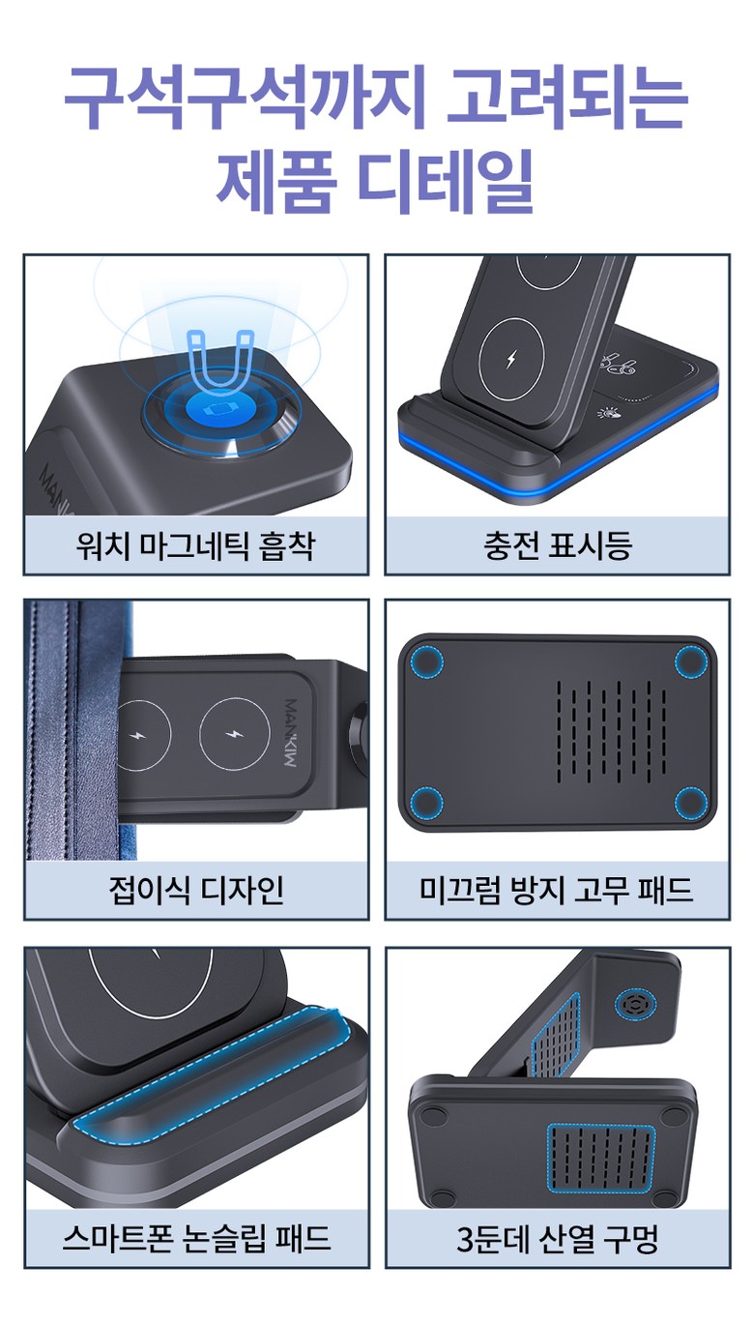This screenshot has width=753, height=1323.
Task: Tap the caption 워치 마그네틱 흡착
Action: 196,545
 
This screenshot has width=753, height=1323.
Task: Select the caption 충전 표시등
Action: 558,545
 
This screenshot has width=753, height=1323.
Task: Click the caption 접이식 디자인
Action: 196,891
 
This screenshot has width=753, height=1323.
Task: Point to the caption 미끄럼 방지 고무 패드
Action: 557,891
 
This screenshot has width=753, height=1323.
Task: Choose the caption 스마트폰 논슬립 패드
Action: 196,1238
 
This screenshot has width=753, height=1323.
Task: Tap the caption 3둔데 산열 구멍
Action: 558,1238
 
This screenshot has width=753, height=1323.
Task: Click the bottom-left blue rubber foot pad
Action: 427,803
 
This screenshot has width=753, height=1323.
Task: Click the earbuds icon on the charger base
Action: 617,365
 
